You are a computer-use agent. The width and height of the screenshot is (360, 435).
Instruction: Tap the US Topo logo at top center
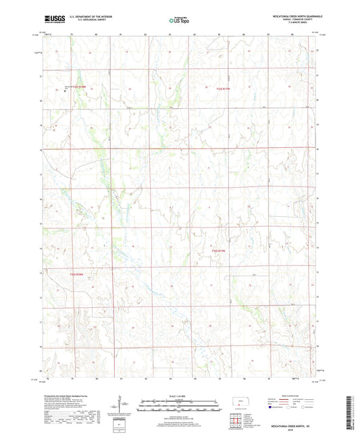pyautogui.click(x=178, y=20)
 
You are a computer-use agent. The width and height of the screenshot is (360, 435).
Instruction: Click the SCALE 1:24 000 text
pyautogui.click(x=180, y=396)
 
